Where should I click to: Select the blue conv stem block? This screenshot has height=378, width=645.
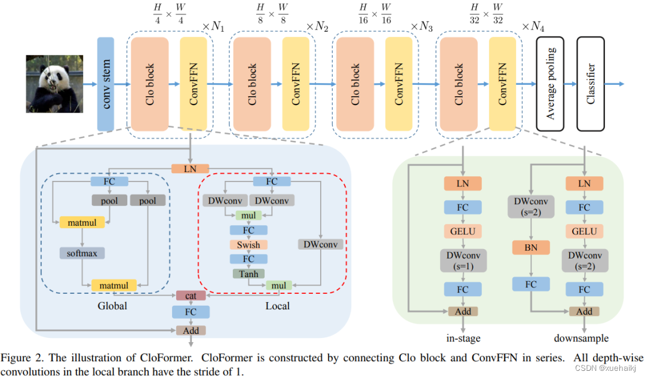(x=106, y=84)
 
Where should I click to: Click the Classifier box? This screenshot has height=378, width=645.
(x=591, y=84)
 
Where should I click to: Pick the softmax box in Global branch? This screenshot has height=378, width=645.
(x=82, y=253)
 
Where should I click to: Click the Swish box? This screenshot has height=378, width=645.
(x=248, y=244)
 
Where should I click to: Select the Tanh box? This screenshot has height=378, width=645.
(x=248, y=273)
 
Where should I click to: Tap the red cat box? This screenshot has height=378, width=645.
(x=191, y=295)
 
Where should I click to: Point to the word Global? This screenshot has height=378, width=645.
(x=112, y=306)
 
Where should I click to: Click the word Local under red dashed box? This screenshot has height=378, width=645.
(x=277, y=306)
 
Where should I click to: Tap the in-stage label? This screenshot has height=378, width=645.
(x=463, y=338)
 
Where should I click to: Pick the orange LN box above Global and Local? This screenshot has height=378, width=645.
(x=191, y=169)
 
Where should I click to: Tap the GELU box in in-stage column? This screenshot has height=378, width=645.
(x=463, y=231)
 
